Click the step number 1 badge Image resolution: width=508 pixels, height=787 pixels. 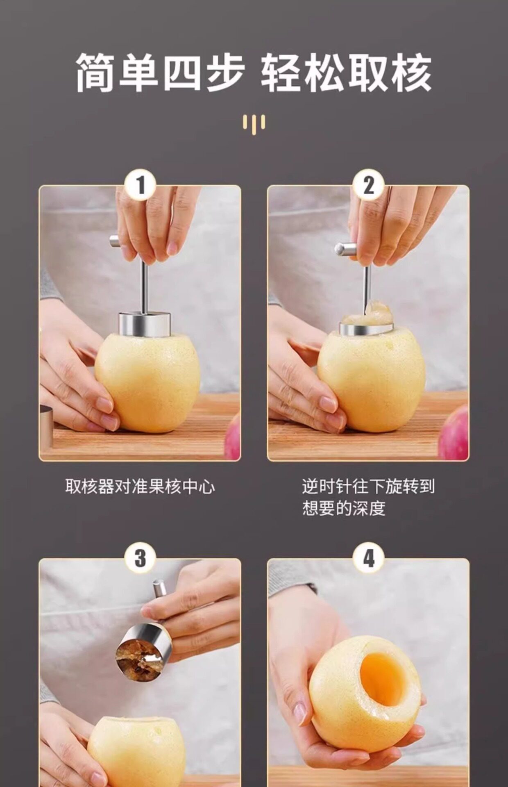pos(140,185)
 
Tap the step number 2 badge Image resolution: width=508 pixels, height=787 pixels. pos(368,185)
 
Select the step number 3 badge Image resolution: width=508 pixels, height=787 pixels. pos(140,558)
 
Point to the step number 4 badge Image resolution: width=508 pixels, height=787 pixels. pos(368,558)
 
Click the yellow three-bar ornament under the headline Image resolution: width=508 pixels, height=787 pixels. pos(254,123)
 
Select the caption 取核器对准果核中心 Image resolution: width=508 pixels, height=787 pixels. pos(140,487)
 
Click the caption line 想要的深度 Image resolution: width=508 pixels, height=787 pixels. pos(344,508)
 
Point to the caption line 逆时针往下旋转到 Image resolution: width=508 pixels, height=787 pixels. pos(368,487)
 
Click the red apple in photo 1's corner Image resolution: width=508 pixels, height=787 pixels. pos(233,437)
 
